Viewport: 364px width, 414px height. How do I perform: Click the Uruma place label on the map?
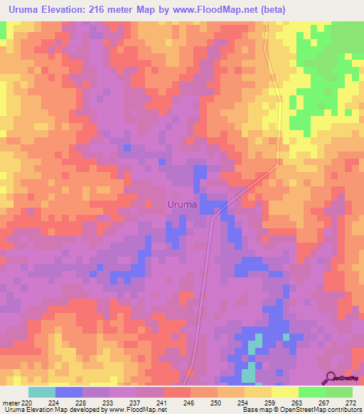[x=182, y=204]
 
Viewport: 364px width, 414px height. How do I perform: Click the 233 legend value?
[x=107, y=403]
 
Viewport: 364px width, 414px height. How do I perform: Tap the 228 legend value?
[x=81, y=403]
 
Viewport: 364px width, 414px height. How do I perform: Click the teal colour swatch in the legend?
[x=41, y=392]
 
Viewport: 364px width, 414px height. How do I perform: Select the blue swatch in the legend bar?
[x=68, y=392]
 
